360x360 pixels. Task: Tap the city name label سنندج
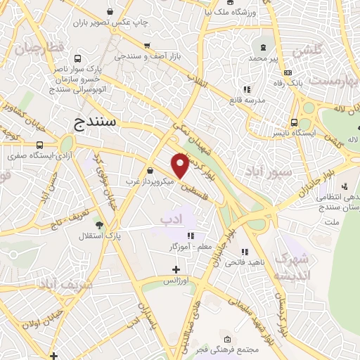pyautogui.click(x=98, y=124)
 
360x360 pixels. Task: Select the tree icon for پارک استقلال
pyautogui.click(x=99, y=225)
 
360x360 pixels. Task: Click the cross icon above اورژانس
pyautogui.click(x=176, y=269)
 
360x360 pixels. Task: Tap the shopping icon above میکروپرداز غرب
pyautogui.click(x=150, y=170)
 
